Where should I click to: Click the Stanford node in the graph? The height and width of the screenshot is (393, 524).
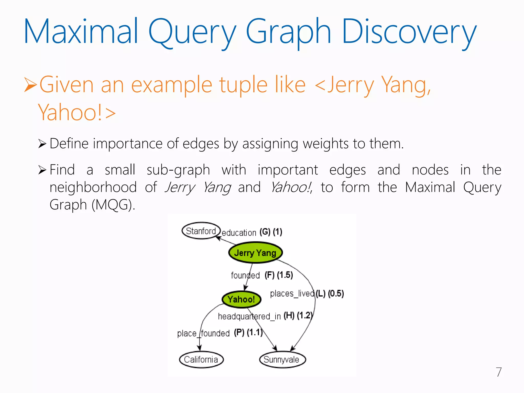click(x=201, y=231)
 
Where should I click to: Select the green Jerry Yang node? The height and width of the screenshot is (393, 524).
click(x=255, y=253)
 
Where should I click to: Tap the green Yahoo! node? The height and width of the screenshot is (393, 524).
click(x=241, y=299)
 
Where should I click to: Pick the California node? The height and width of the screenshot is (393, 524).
click(x=201, y=359)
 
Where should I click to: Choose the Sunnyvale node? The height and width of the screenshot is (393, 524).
click(x=282, y=359)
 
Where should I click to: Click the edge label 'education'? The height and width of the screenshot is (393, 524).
click(x=239, y=233)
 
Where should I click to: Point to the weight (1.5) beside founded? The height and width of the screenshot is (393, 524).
click(x=285, y=275)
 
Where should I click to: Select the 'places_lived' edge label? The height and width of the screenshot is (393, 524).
click(x=292, y=293)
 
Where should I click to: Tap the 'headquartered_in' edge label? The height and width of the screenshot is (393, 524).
click(x=249, y=316)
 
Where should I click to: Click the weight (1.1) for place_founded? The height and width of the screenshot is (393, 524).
click(x=255, y=332)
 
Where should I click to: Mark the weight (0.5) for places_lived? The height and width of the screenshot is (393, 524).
click(x=336, y=293)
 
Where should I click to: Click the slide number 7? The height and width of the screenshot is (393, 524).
click(x=499, y=372)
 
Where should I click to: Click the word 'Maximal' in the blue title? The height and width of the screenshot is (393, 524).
click(x=81, y=32)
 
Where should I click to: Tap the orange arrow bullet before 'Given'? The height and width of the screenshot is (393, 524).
click(x=30, y=85)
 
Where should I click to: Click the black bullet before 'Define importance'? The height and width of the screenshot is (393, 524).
click(x=42, y=144)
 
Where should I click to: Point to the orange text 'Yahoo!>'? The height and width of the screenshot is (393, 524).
click(x=77, y=113)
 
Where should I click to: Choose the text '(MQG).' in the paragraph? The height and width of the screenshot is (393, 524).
click(x=113, y=205)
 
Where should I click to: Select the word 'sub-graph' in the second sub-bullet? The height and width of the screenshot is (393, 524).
click(x=178, y=170)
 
